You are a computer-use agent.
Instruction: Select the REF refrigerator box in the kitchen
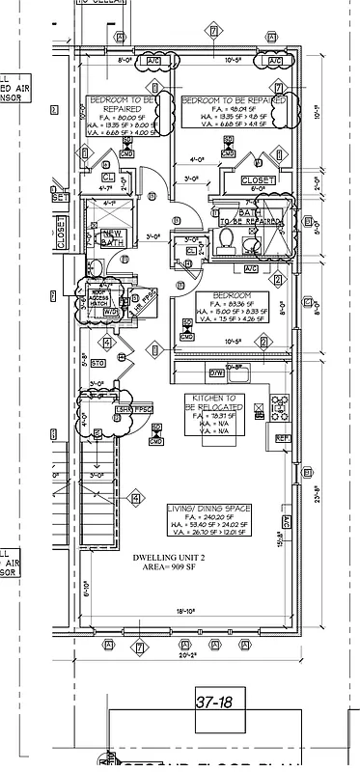pos(283,438)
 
